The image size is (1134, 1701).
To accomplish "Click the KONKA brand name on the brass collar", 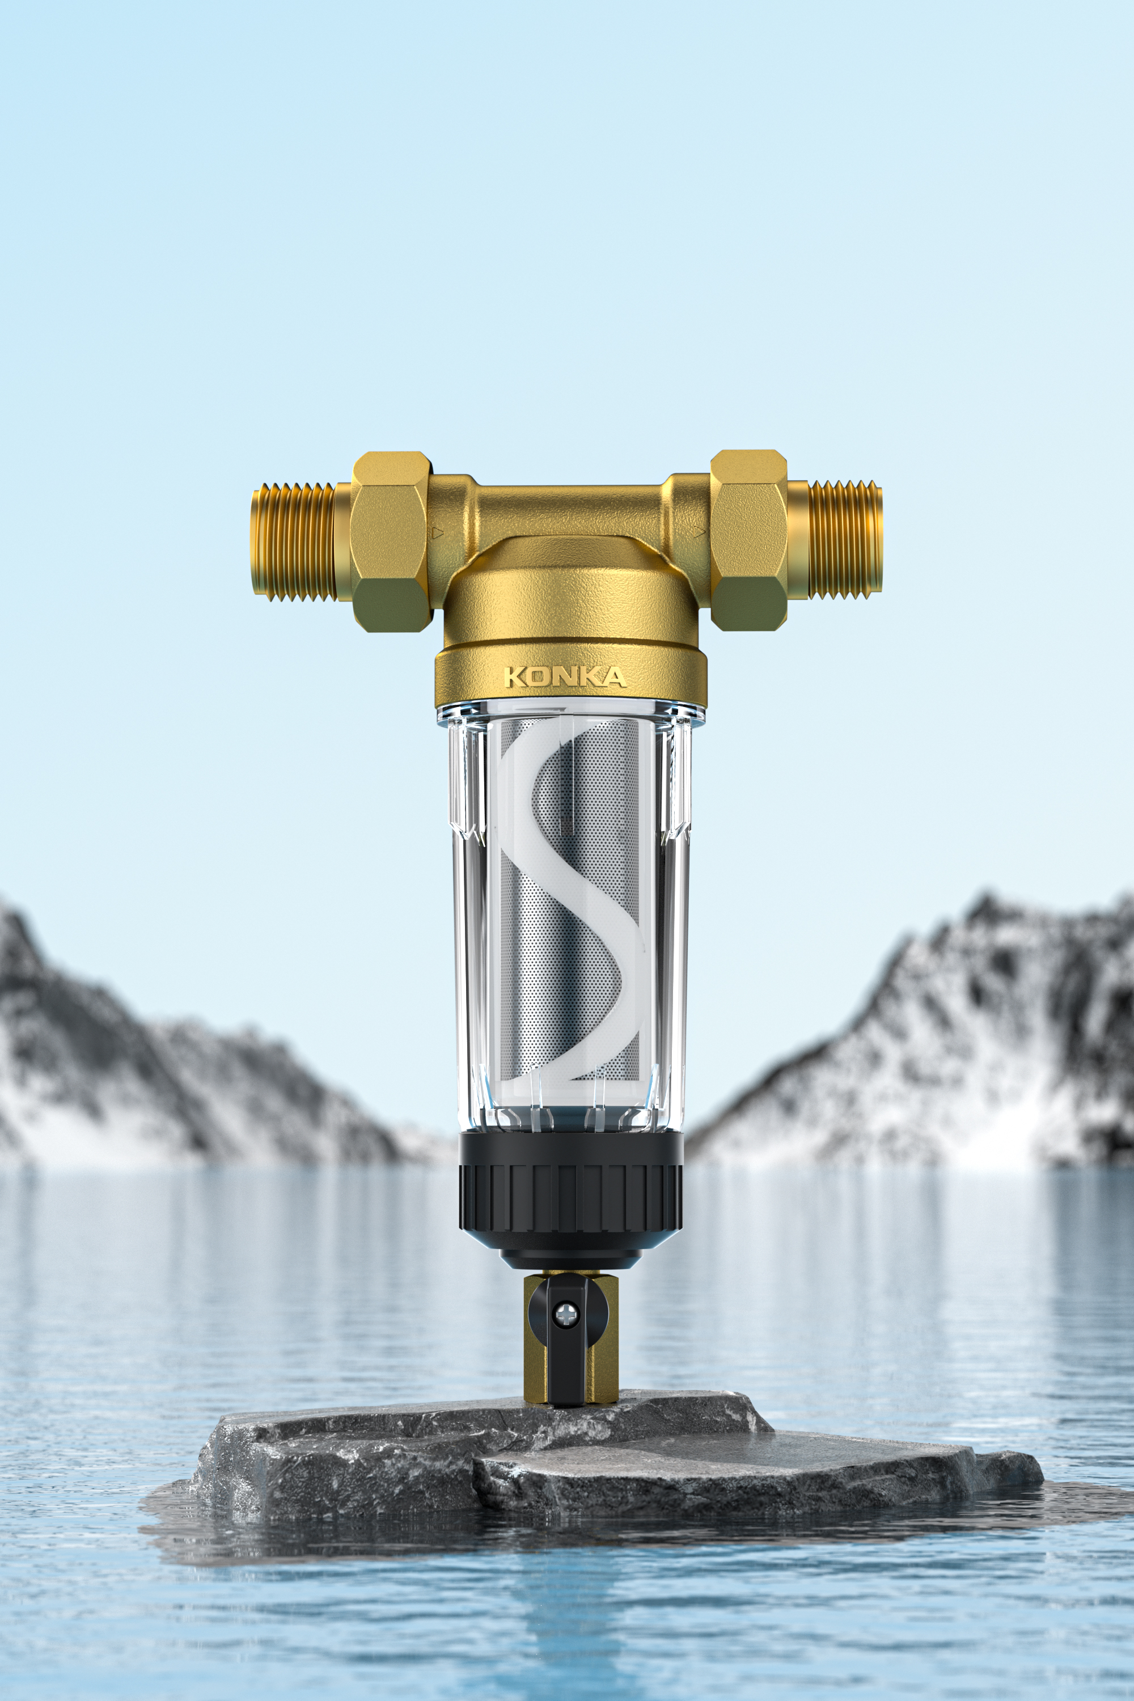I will tap(565, 677).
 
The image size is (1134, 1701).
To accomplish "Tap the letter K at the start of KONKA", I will tap(513, 678).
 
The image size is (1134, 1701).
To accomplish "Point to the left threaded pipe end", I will tap(293, 543).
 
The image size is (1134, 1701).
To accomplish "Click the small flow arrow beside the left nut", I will tap(437, 534).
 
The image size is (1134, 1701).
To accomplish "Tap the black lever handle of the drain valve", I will tap(568, 1352).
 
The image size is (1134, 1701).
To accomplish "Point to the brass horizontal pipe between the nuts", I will tap(572, 506).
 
